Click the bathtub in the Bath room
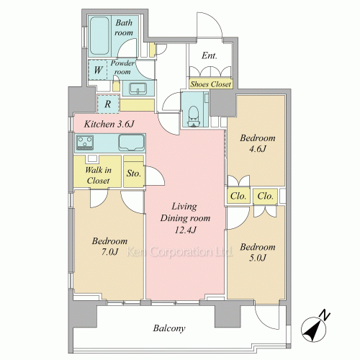(99, 35)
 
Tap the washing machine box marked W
(98, 70)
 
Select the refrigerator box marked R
(108, 104)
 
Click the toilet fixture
(194, 116)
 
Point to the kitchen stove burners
(85, 143)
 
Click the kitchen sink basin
(132, 143)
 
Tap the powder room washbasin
(138, 89)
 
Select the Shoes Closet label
(210, 84)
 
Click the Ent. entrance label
(210, 55)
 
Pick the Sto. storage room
(134, 171)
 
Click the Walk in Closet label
(98, 175)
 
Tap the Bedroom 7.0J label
(109, 246)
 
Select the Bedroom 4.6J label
(258, 143)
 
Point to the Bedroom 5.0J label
(258, 252)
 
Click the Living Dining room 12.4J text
(185, 218)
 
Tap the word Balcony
(169, 328)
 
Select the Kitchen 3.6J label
(109, 124)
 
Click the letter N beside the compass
(325, 315)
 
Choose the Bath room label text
(124, 27)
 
